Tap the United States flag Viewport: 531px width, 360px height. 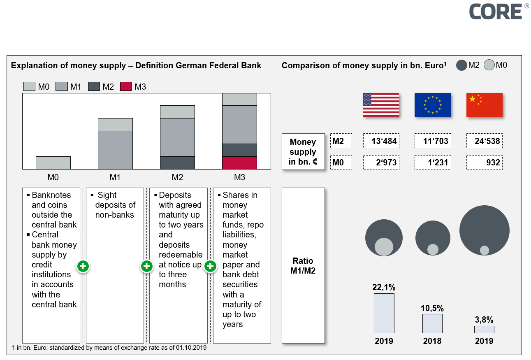381,105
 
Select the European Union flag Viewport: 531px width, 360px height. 432,105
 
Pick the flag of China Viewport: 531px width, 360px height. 484,105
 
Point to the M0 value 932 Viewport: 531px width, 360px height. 484,162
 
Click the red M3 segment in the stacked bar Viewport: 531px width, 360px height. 239,163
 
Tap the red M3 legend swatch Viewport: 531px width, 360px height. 126,86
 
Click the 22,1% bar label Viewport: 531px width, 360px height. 384,287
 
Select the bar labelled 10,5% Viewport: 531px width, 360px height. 432,323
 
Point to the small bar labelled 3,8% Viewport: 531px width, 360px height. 484,329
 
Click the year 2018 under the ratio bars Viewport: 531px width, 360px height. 432,341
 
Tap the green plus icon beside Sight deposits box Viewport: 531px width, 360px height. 146,266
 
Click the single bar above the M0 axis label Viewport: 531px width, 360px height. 53,163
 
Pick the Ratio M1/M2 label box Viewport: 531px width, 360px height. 303,266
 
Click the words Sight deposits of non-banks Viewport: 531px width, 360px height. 115,205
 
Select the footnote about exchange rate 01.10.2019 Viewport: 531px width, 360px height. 109,348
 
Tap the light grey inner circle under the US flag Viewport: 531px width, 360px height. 384,247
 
